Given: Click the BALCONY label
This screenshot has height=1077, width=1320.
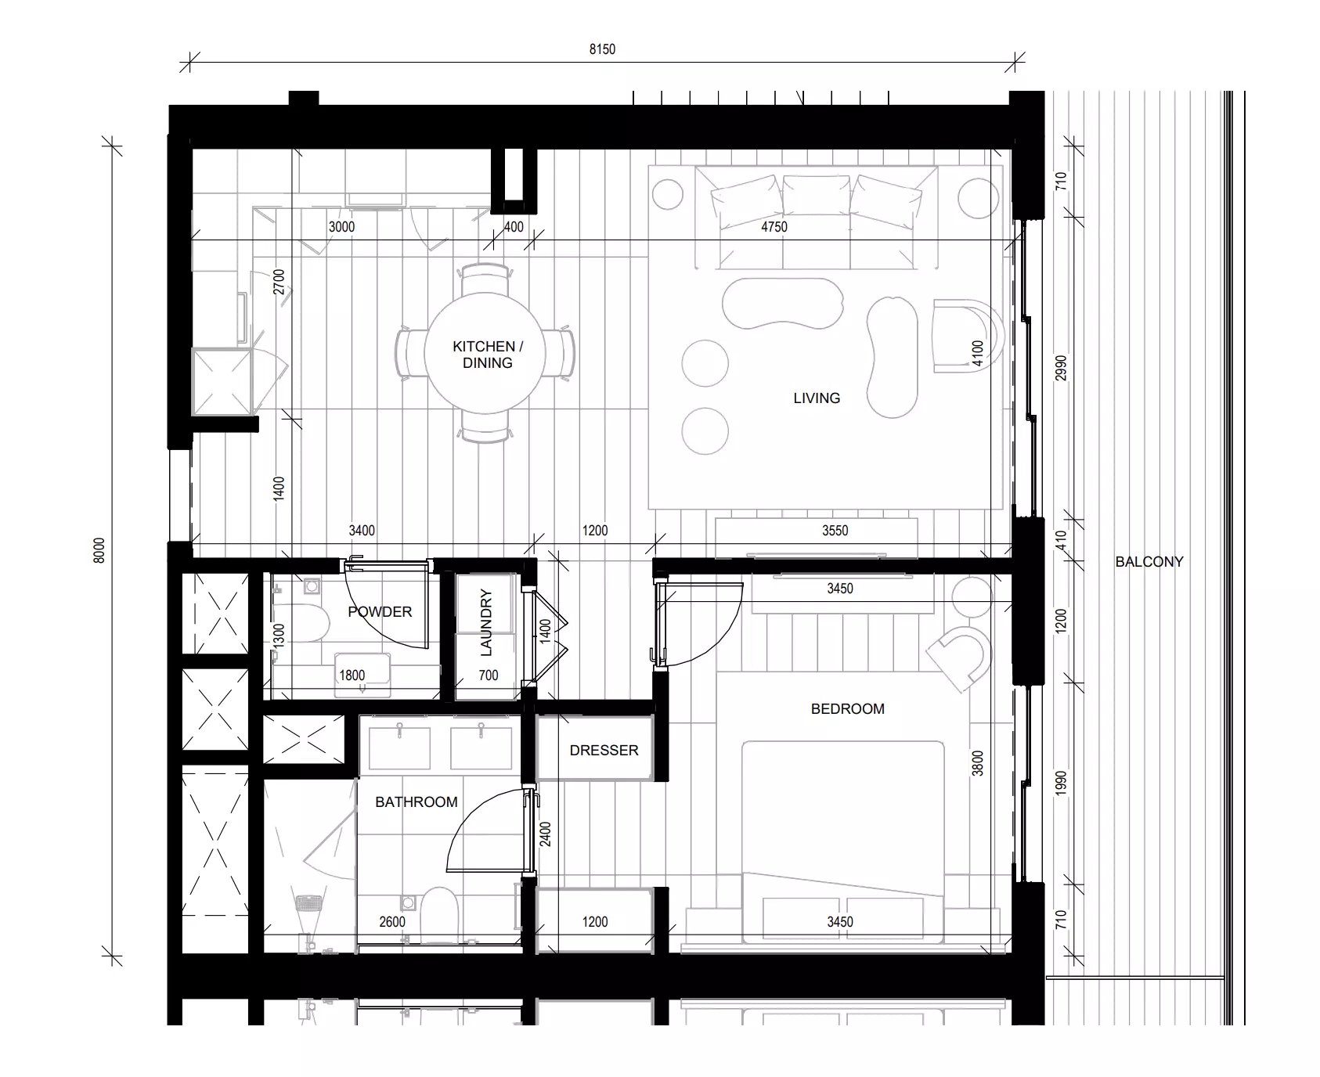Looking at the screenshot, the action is [1149, 561].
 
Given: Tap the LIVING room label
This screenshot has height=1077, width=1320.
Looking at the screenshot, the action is [817, 398].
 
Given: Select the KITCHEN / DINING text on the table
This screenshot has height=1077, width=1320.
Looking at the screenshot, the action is [488, 355].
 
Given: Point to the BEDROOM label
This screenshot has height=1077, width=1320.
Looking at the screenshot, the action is [847, 708].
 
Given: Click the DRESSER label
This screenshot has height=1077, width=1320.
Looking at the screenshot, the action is [604, 750].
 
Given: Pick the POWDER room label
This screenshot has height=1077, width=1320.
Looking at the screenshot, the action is [380, 611].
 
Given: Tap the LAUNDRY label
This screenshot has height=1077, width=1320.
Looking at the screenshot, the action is [486, 623].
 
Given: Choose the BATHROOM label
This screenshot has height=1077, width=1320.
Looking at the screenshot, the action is [416, 801].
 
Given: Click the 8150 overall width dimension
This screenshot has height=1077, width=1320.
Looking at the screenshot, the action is [602, 49].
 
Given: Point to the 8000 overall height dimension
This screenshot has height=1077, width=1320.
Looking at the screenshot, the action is [99, 550].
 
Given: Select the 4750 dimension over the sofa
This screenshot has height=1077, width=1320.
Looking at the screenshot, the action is [774, 227].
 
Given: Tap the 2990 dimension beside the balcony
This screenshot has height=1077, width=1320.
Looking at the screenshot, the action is [1061, 369].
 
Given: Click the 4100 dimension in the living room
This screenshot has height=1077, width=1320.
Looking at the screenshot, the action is [976, 354].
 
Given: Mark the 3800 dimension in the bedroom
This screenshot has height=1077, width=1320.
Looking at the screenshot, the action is [977, 763].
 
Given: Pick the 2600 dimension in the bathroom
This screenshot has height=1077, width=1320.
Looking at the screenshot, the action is [392, 921].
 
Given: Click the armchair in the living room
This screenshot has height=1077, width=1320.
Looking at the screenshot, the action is [968, 336].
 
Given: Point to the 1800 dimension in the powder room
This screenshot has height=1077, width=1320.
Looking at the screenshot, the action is [352, 675].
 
